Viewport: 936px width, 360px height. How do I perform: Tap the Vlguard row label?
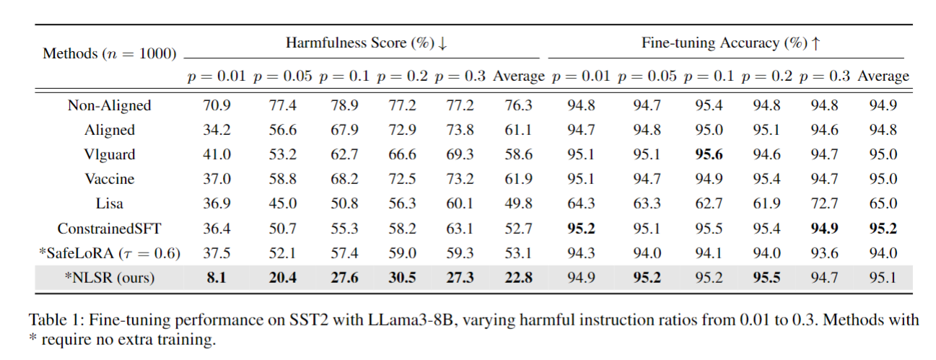110,154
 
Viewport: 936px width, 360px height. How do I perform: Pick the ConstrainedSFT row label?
110,229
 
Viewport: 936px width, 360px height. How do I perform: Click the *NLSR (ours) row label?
110,278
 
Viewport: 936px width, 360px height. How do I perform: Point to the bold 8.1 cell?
216,278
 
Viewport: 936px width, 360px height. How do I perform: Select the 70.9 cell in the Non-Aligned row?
216,105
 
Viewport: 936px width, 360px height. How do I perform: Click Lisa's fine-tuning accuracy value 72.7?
824,204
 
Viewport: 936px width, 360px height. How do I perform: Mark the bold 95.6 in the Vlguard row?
708,154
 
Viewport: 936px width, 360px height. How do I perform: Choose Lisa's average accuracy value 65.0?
883,204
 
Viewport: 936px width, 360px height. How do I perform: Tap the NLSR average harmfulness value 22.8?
519,278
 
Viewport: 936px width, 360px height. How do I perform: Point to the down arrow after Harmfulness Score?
442,43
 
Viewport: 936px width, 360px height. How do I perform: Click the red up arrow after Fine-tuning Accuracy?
815,43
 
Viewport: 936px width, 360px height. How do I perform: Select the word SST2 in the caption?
309,320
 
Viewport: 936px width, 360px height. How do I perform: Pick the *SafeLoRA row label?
110,253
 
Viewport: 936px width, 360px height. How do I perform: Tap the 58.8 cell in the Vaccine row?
282,179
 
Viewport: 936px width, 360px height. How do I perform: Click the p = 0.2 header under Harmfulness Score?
402,76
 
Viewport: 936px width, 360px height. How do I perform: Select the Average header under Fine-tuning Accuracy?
883,76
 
